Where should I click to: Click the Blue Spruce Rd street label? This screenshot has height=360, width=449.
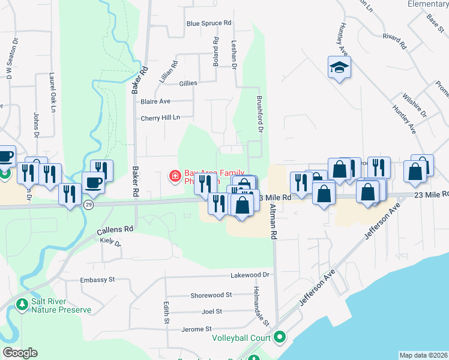[209, 23]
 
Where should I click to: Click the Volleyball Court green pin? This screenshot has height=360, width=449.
[279, 338]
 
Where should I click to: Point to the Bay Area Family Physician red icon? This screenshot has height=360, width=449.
[175, 176]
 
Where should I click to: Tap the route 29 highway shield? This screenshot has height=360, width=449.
[88, 205]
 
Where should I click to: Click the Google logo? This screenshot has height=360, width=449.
[20, 353]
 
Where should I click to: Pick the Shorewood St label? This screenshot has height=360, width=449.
[211, 295]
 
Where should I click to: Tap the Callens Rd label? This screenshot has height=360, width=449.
[115, 229]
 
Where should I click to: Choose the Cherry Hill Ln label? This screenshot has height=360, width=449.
[160, 118]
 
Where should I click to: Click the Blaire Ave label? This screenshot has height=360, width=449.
[155, 101]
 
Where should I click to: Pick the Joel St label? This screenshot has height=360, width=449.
[212, 311]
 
